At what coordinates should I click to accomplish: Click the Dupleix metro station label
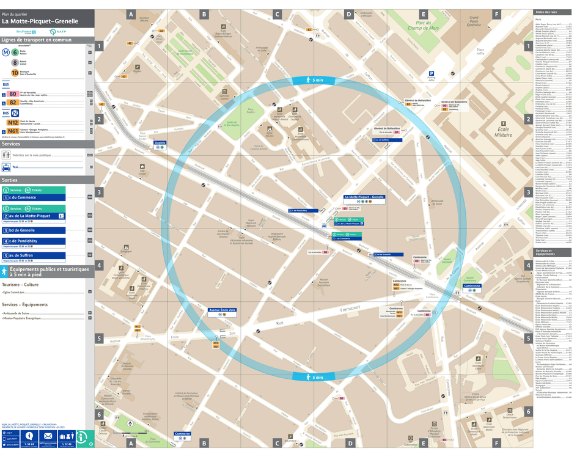(160, 142)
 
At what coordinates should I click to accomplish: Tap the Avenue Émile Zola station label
(222, 310)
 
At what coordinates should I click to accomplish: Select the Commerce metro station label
(182, 434)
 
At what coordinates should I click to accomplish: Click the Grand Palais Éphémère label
(472, 21)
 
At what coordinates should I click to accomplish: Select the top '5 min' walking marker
(317, 81)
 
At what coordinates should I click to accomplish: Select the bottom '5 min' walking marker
(317, 378)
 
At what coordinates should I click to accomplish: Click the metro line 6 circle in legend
(15, 53)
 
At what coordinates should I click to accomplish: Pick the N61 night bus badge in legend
(13, 131)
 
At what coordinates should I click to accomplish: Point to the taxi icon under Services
(6, 166)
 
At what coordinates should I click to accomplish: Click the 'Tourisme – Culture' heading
(20, 285)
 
